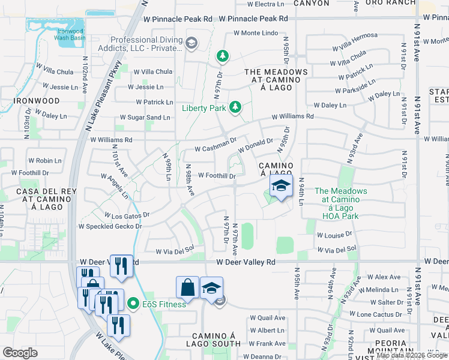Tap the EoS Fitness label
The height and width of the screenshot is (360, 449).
[163, 304]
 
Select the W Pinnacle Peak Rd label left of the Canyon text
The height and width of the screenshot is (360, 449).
[178, 19]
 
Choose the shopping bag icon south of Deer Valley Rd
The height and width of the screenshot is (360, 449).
[187, 287]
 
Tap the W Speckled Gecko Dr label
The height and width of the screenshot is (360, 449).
[110, 227]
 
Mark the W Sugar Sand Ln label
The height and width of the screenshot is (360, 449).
[145, 118]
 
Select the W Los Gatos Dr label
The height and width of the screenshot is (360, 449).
[127, 214]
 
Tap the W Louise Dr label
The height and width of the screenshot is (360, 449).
[334, 235]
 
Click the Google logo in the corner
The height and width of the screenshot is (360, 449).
[20, 352]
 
